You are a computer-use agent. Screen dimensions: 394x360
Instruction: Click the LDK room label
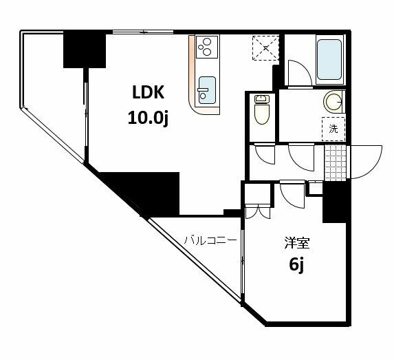(149, 92)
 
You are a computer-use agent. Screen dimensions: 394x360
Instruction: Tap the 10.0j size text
(148, 118)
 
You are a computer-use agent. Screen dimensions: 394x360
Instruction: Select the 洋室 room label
(297, 243)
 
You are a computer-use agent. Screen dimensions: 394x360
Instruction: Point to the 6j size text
(297, 265)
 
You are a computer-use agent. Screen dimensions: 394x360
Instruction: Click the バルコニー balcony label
(210, 241)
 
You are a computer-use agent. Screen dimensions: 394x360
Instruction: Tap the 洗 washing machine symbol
(333, 129)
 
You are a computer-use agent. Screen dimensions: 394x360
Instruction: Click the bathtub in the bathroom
(329, 59)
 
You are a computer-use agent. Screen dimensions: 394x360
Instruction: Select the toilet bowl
(262, 109)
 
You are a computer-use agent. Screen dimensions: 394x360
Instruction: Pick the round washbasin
(333, 102)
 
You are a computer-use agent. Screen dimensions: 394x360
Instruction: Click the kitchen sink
(207, 90)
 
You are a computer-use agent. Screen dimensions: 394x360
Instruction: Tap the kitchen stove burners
(207, 47)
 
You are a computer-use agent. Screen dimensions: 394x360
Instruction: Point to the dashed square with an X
(265, 47)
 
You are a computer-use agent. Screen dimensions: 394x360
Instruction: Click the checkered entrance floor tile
(336, 162)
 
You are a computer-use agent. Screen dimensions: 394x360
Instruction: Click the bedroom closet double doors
(258, 211)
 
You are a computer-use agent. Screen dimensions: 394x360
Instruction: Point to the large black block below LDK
(151, 193)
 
